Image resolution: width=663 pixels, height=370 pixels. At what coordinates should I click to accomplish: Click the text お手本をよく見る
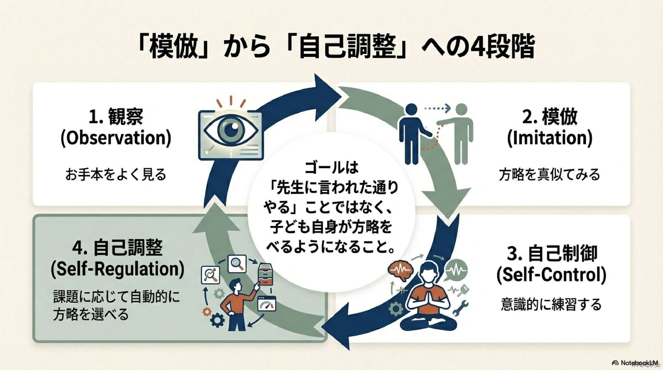point(116,175)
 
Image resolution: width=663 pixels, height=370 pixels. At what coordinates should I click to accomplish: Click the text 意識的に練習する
point(551,305)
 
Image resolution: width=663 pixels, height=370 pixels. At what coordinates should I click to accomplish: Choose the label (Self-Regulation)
point(117,269)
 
